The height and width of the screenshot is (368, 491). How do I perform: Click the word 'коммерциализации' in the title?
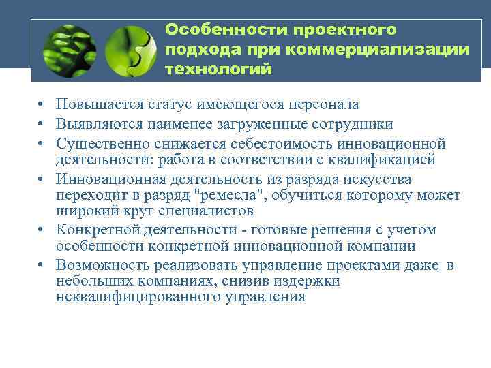378,50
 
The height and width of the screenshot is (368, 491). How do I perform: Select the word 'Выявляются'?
98,124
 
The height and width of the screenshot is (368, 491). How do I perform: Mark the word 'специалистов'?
206,211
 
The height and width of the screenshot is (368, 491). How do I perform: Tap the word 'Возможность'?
102,266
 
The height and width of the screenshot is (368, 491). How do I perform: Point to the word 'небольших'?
93,281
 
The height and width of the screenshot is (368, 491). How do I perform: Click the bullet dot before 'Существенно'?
42,144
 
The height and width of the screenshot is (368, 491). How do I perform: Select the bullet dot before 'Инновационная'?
42,180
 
